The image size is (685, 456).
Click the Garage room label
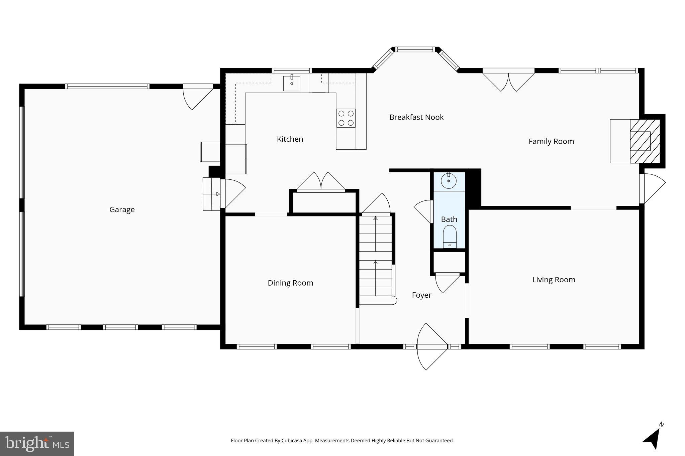pyautogui.click(x=122, y=209)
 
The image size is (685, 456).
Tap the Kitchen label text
pyautogui.click(x=290, y=139)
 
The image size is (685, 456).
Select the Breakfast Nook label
pyautogui.click(x=416, y=117)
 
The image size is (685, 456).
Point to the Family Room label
pyautogui.click(x=551, y=141)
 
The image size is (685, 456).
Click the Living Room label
pyautogui.click(x=554, y=280)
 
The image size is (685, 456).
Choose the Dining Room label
pyautogui.click(x=290, y=283)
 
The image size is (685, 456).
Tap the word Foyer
pyautogui.click(x=421, y=295)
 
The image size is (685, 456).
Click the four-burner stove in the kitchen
pyautogui.click(x=346, y=118)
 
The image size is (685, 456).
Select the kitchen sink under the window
pyautogui.click(x=292, y=83)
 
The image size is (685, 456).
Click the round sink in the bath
pyautogui.click(x=449, y=181)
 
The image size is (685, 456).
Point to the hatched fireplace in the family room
pyautogui.click(x=645, y=141)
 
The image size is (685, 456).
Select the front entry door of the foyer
pyautogui.click(x=431, y=347)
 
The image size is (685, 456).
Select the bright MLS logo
pyautogui.click(x=37, y=444)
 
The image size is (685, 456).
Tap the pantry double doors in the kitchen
pyautogui.click(x=321, y=182)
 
